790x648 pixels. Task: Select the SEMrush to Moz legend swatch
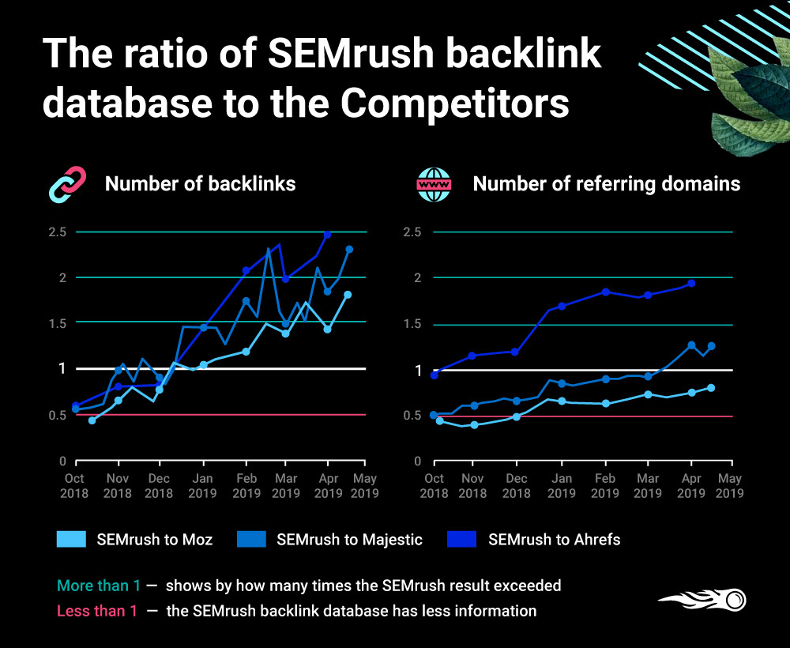[71, 540]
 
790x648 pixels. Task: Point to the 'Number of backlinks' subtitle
[200, 184]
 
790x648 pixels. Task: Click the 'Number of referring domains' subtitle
[606, 184]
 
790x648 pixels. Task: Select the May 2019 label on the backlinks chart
[364, 486]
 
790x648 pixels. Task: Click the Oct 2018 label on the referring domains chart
[434, 486]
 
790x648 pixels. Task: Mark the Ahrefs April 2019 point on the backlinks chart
[327, 235]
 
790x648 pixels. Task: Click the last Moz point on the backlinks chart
[348, 295]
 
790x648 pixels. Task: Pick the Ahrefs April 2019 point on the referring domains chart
[691, 283]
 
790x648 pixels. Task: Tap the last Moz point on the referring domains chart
[711, 387]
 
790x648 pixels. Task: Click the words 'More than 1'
[99, 586]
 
